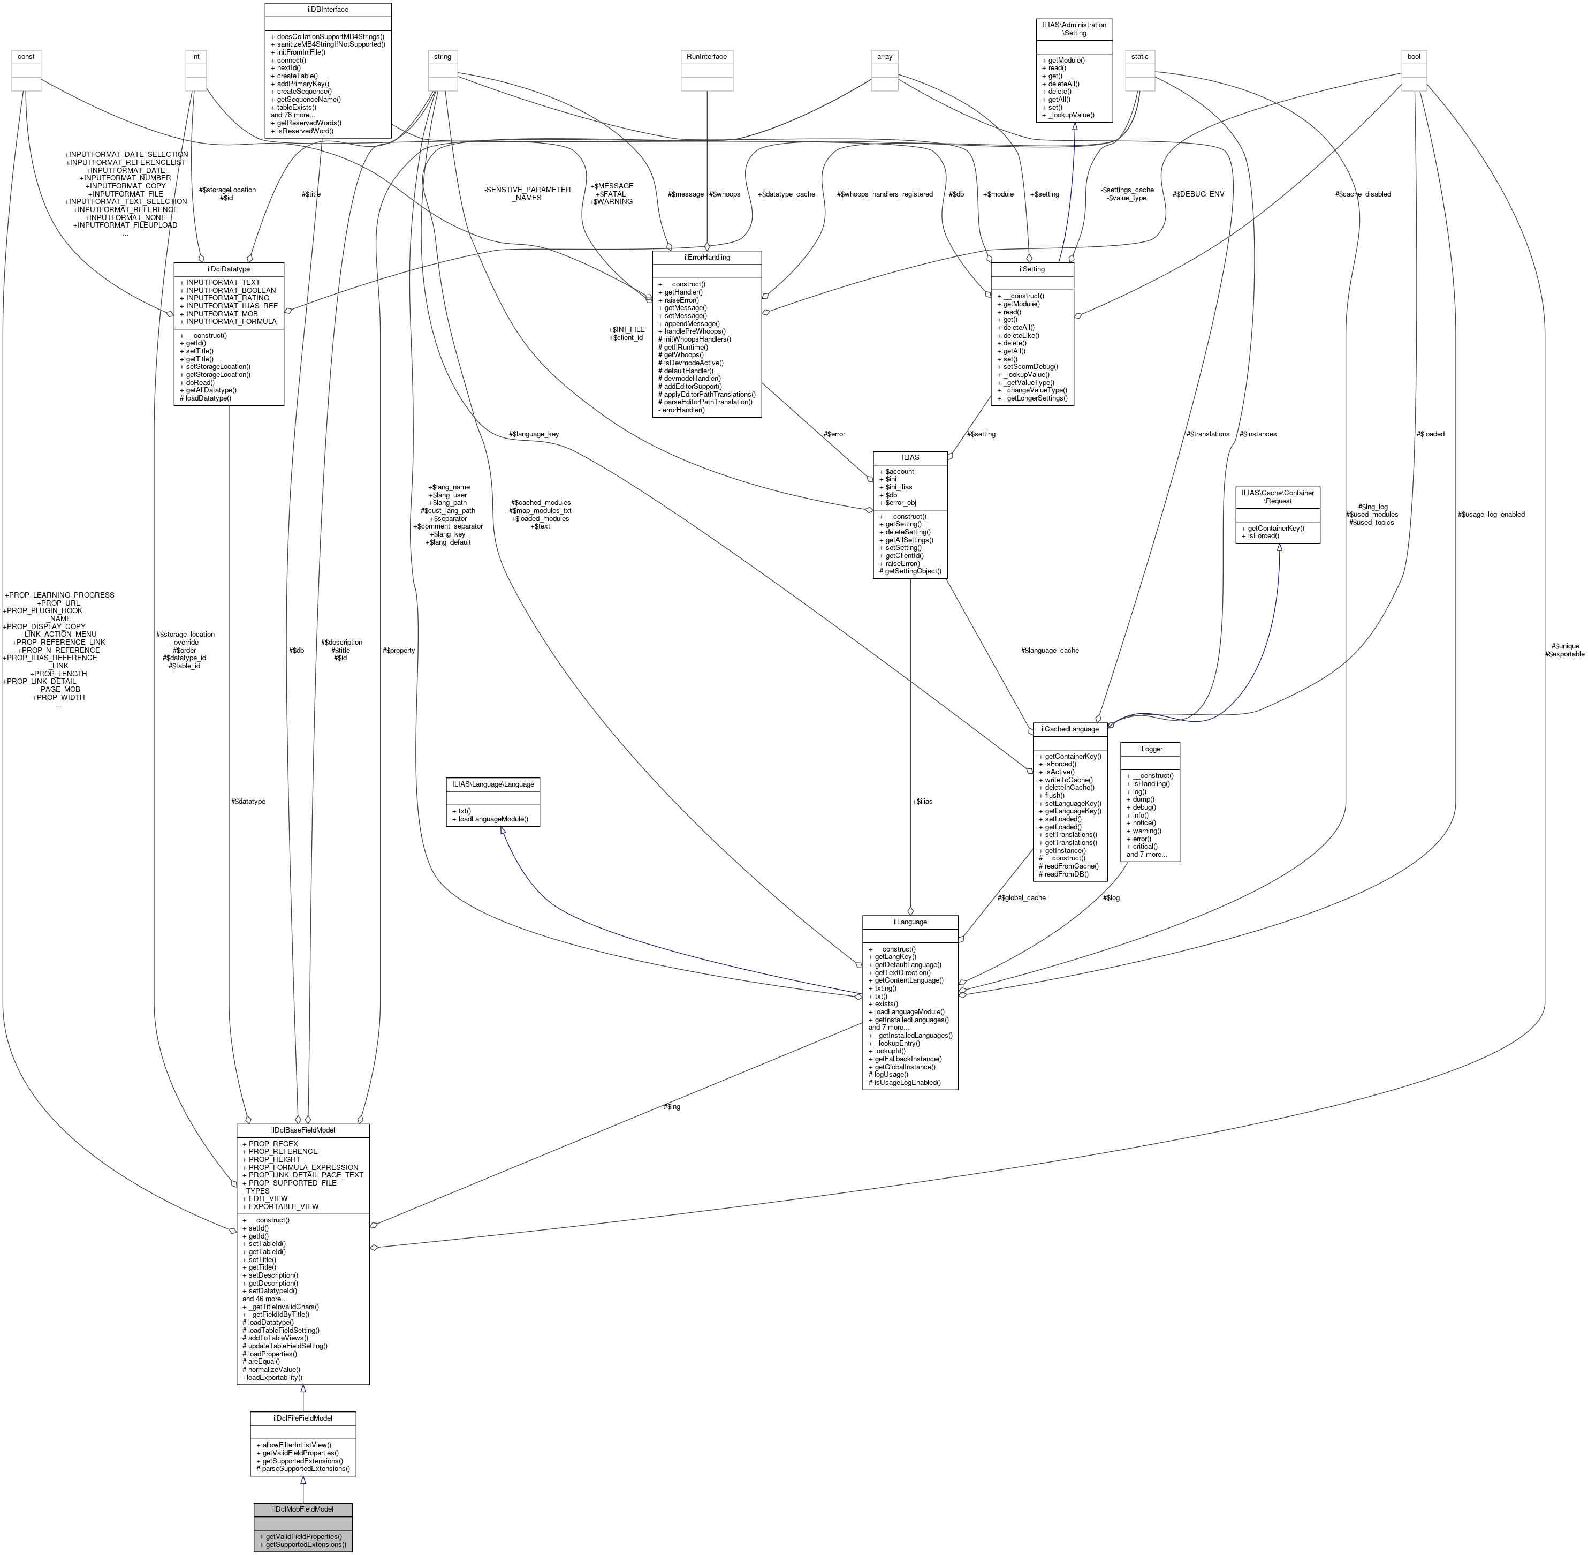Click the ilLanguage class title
tap(909, 921)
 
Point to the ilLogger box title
tap(1150, 748)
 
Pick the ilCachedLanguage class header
tap(1069, 728)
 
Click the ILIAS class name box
tap(909, 457)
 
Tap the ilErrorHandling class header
tap(706, 257)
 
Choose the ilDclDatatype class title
tap(229, 268)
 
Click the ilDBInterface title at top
tap(328, 9)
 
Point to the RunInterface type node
tap(706, 56)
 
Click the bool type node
tap(1414, 56)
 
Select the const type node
tap(25, 56)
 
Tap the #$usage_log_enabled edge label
tap(1490, 515)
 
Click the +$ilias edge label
tap(921, 801)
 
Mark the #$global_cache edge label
tap(1021, 897)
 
